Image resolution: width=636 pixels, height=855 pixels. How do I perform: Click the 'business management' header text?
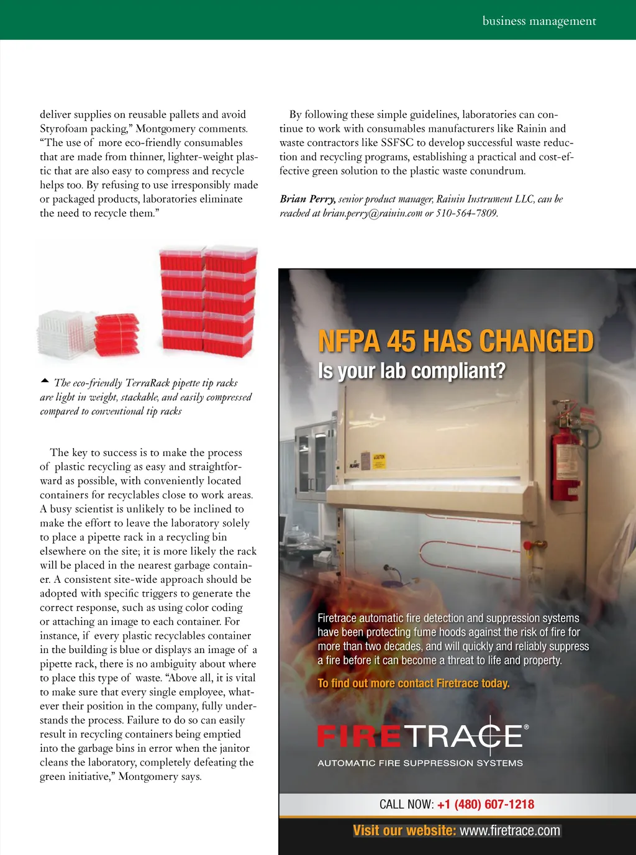(x=539, y=21)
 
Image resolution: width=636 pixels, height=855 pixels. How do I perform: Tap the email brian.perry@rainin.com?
(x=372, y=213)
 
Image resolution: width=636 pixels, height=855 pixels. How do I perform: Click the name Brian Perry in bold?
(x=307, y=199)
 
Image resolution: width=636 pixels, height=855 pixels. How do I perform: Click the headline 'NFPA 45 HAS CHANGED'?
(x=455, y=341)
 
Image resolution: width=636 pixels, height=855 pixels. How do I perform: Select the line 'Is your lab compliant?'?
(x=411, y=371)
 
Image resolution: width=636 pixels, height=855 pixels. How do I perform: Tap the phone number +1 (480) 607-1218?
(x=486, y=804)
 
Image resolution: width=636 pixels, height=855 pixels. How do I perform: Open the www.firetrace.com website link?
(x=510, y=831)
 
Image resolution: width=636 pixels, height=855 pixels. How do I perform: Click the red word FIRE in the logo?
(x=359, y=736)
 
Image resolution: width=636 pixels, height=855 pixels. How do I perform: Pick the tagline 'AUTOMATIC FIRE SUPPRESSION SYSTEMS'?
(x=420, y=763)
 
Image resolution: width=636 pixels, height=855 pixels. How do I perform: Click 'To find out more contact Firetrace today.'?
(x=413, y=684)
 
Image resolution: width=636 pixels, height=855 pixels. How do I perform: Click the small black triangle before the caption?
(x=44, y=380)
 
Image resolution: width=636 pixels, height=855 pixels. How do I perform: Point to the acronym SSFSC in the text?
(x=397, y=143)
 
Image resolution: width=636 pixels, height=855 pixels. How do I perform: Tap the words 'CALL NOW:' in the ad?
(x=406, y=804)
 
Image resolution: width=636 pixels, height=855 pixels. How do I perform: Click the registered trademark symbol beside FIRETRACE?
(x=527, y=726)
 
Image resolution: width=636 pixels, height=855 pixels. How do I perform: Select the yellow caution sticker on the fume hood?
(x=379, y=460)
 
